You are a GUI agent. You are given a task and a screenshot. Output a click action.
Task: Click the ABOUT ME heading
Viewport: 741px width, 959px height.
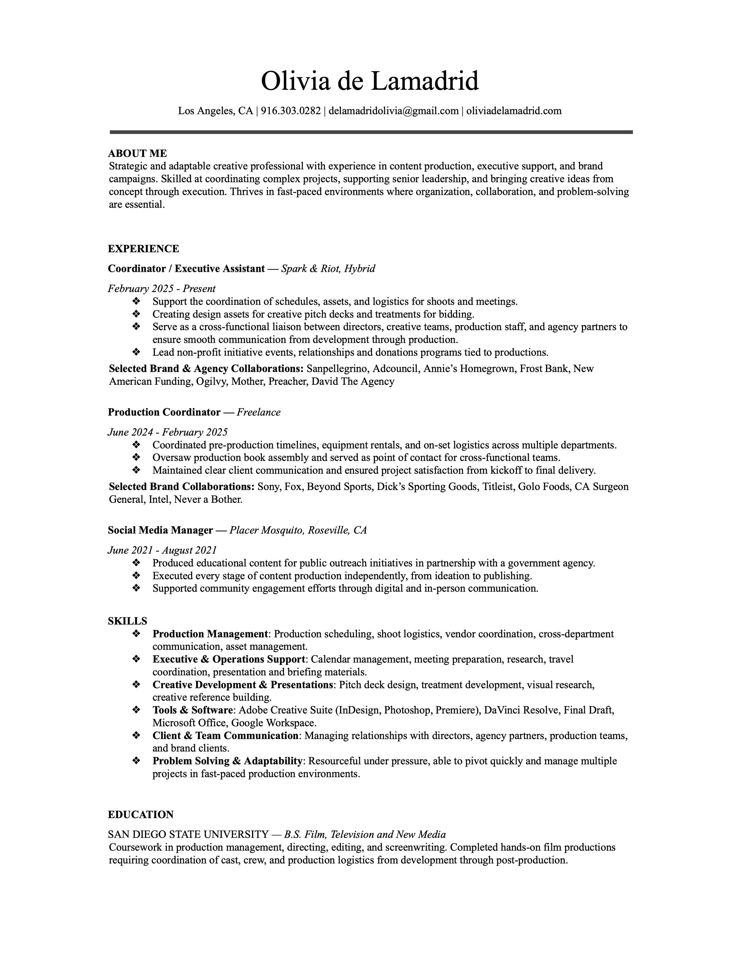[x=138, y=153]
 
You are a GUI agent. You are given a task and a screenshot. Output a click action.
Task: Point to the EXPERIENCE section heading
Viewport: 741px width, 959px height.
[x=143, y=249]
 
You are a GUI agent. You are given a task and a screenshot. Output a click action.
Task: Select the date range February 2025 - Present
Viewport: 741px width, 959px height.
[x=162, y=288]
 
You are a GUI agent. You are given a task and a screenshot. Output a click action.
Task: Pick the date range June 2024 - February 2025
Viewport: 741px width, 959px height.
[x=168, y=432]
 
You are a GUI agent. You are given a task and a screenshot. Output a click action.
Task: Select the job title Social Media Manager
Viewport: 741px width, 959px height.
[x=160, y=530]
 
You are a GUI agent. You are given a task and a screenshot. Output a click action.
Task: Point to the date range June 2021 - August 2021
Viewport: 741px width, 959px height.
[x=162, y=550]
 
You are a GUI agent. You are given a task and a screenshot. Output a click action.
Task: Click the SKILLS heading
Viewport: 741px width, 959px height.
[x=127, y=621]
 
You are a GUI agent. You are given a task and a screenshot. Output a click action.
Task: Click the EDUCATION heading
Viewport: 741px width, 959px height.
[x=141, y=815]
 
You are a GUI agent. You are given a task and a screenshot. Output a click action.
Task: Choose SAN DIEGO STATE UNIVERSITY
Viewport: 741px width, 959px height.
[x=188, y=834]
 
